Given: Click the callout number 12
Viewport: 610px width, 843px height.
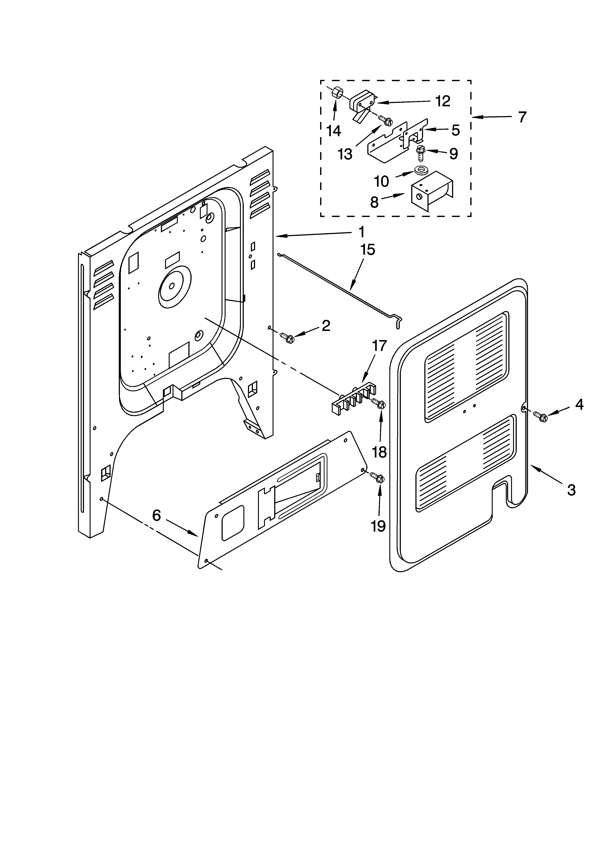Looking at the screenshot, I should [x=443, y=101].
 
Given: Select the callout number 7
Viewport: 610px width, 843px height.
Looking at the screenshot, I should [x=522, y=117].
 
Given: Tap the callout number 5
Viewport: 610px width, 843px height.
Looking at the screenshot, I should [x=455, y=130].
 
